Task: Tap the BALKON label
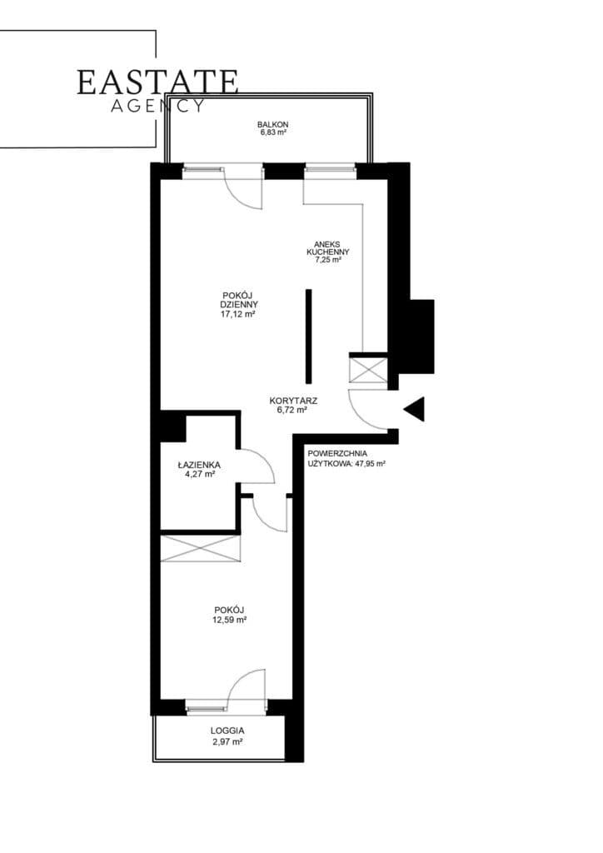[272, 125]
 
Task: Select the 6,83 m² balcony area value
[272, 132]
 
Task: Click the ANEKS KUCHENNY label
[328, 248]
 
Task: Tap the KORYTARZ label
[293, 401]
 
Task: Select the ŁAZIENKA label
[199, 465]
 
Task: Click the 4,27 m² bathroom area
[200, 474]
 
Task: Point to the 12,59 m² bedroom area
[230, 619]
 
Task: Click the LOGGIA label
[227, 731]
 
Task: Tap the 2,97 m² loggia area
[227, 741]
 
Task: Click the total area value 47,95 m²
[371, 464]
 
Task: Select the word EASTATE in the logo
[157, 82]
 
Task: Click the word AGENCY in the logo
[157, 106]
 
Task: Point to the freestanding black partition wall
[309, 337]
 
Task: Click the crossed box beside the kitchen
[368, 369]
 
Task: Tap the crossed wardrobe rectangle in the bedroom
[200, 548]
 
